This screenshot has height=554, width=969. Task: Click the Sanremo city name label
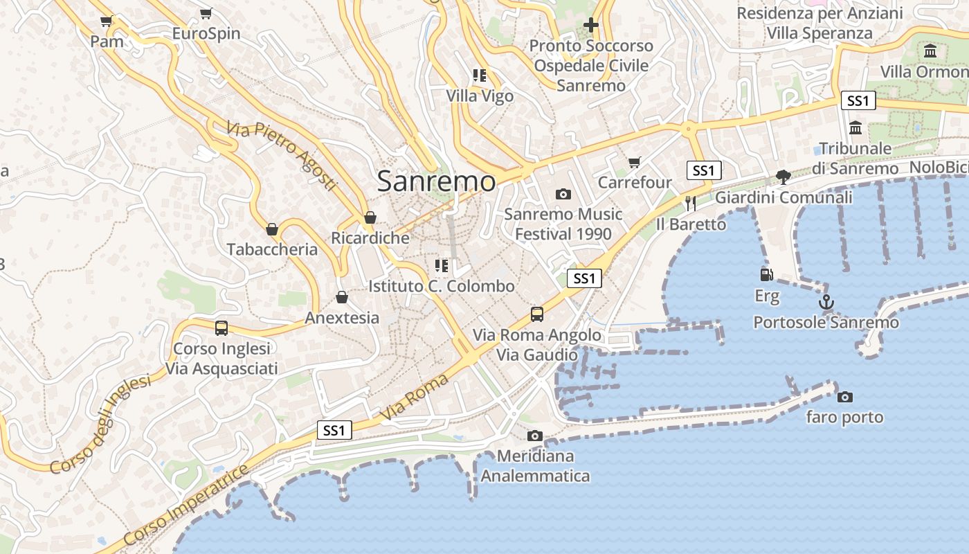(x=436, y=181)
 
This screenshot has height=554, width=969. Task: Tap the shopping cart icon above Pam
(x=106, y=21)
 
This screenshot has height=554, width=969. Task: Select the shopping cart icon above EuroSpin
(x=206, y=13)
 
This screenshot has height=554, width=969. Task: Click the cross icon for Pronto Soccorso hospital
(x=590, y=26)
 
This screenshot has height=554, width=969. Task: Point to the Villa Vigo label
(x=480, y=96)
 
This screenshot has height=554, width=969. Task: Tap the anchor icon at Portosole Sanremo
(x=826, y=303)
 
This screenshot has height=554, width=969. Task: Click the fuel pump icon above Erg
(x=766, y=275)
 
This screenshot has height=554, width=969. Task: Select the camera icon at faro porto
(x=844, y=397)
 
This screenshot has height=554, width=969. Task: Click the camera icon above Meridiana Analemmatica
(x=534, y=436)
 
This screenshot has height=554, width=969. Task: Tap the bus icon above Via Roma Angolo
(x=537, y=314)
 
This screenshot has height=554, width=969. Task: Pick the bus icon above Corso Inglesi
(x=221, y=328)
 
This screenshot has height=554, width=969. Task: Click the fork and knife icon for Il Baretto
(x=690, y=204)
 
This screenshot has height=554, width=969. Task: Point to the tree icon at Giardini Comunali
(x=783, y=177)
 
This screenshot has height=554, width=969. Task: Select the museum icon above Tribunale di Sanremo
(x=855, y=128)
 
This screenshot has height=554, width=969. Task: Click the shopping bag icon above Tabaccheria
(x=272, y=229)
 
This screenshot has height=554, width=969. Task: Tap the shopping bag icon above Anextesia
(x=341, y=298)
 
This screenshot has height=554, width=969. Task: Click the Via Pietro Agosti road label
(x=282, y=157)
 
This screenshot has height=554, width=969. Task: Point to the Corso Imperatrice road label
(x=187, y=506)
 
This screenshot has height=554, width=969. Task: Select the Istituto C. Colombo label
(x=441, y=286)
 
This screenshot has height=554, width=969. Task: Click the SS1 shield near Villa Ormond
(x=858, y=101)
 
